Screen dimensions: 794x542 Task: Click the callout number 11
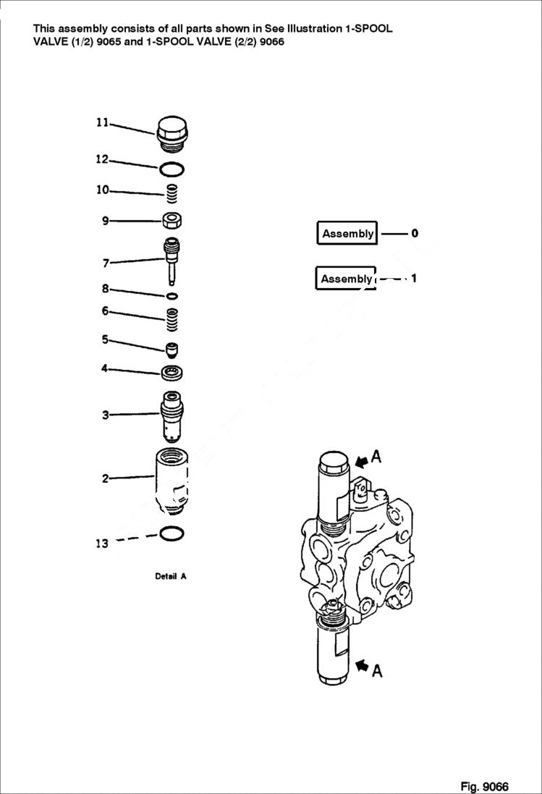point(102,123)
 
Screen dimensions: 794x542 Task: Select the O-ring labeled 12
point(172,169)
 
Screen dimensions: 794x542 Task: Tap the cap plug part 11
point(172,135)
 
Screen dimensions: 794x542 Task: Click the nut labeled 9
point(172,220)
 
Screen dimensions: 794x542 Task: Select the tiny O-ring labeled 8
point(172,296)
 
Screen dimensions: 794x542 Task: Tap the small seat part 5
point(172,350)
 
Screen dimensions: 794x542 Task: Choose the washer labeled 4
point(172,373)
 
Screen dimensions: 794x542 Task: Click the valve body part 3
point(171,415)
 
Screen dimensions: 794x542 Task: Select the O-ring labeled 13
point(171,534)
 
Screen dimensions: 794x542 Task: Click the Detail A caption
point(171,577)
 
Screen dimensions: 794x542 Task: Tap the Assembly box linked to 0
point(347,234)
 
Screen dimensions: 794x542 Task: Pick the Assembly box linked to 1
point(346,279)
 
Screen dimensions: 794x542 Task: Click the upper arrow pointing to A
point(362,459)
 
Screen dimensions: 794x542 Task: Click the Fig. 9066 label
point(484,786)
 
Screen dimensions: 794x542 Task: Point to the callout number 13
point(102,544)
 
